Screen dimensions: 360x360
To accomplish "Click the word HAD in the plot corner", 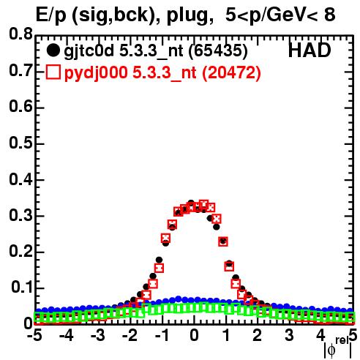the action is [310, 50].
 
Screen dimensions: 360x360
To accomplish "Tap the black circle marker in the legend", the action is [53, 50].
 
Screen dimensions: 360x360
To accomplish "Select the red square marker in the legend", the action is [53, 72].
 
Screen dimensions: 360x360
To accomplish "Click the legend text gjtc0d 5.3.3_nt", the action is [124, 51].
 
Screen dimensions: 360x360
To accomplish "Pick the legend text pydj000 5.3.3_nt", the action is [130, 73].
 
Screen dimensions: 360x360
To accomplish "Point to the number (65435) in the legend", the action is [218, 51].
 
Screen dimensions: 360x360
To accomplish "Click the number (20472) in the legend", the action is [231, 73].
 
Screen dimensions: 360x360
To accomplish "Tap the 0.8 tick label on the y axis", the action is [20, 34].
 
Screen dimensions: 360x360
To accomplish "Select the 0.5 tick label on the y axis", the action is [20, 143].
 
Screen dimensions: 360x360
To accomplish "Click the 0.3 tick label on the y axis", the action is [20, 215].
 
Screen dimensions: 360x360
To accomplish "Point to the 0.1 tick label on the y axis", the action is [22, 287].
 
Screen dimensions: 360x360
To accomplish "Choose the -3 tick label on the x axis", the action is [98, 335].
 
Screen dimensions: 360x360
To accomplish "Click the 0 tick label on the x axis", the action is [194, 335].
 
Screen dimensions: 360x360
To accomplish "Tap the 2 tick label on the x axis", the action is [258, 335].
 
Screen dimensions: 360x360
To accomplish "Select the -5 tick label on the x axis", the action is [34, 335].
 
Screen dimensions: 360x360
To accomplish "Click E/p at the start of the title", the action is [51, 15].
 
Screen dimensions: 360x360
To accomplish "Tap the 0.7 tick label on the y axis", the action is [20, 70].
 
